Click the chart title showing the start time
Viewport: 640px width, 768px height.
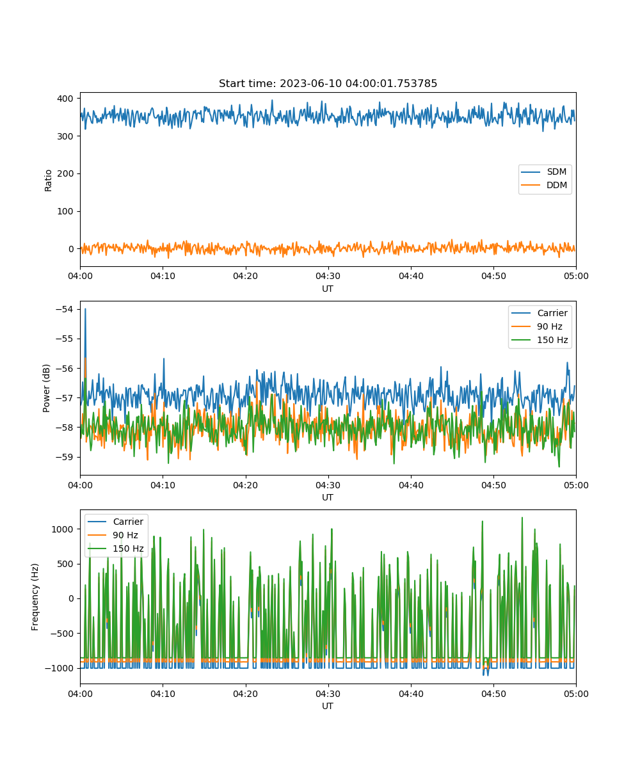pos(328,83)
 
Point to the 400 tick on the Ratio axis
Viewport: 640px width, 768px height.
pos(65,99)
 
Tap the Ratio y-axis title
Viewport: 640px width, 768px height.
pos(48,180)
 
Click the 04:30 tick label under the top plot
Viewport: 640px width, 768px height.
pos(328,276)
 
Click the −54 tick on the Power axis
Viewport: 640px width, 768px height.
pos(65,309)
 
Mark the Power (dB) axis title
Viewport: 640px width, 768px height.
pos(46,388)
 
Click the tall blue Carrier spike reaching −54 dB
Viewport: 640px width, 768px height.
pos(85,310)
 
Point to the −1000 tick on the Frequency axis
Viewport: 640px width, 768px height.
pos(60,668)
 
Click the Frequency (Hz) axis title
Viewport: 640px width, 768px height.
pos(35,597)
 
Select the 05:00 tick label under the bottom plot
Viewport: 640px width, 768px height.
pos(576,694)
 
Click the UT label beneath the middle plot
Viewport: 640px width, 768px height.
pos(327,497)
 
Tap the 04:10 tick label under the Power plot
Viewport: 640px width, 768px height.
pos(163,485)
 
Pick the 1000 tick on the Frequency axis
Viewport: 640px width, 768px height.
pos(62,529)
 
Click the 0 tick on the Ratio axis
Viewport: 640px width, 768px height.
pos(71,249)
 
